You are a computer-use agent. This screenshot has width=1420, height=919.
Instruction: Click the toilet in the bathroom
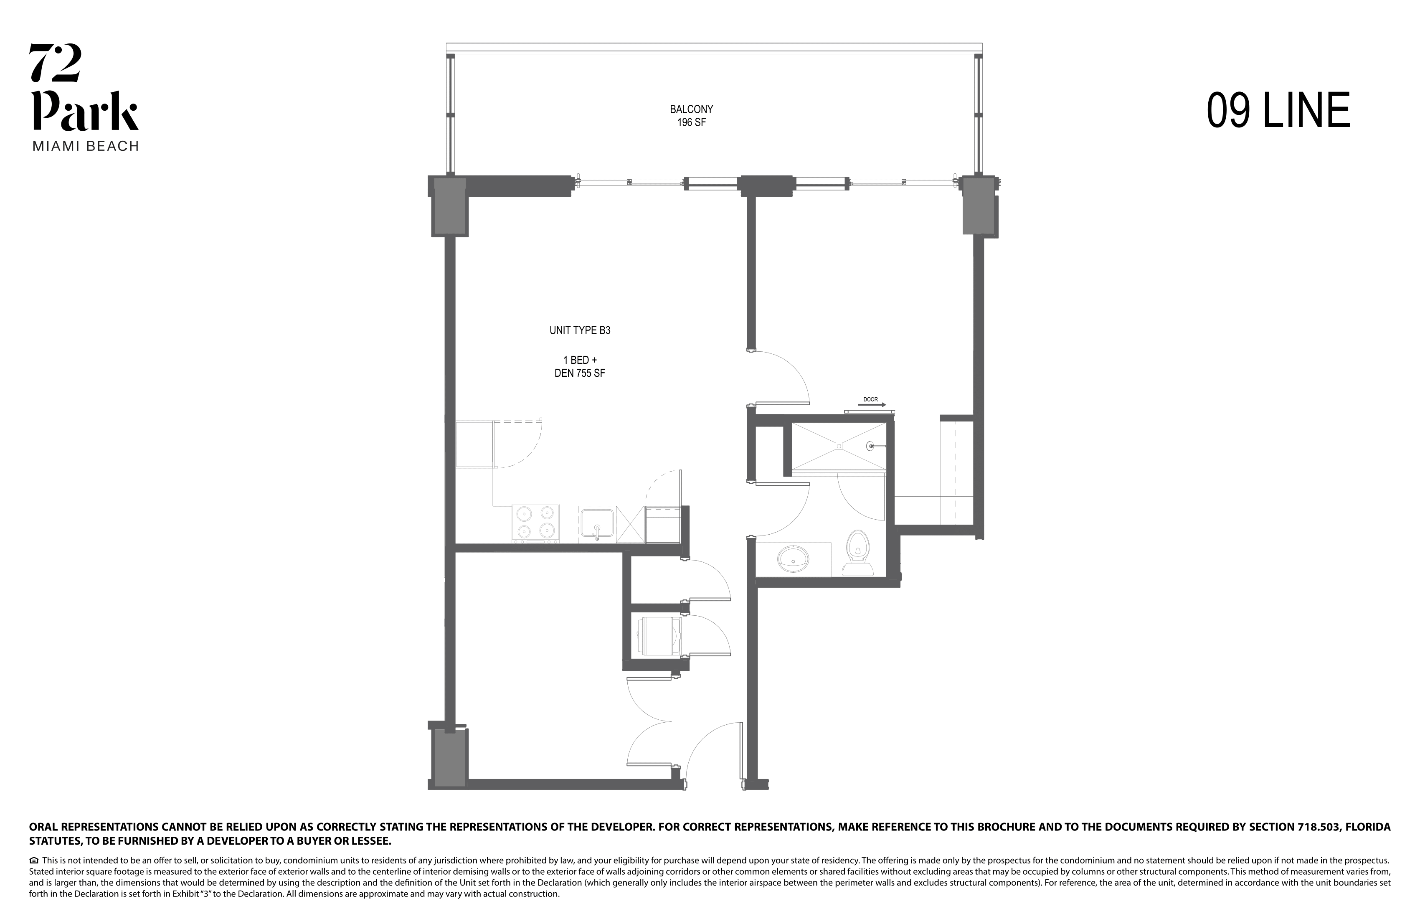click(x=857, y=552)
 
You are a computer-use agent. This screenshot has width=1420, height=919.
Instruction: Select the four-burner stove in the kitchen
click(x=535, y=523)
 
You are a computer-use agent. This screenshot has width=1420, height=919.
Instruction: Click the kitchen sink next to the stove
click(x=596, y=523)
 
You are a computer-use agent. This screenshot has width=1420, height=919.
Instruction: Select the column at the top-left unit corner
click(x=449, y=206)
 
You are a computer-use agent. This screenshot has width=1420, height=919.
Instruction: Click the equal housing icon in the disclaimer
click(x=34, y=861)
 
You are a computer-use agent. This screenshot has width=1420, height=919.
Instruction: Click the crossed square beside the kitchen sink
click(x=630, y=524)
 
